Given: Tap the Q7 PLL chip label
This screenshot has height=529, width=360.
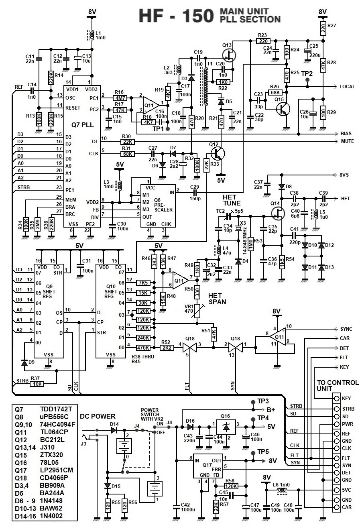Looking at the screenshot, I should point(83,125).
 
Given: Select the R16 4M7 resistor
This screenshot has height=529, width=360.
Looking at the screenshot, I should point(119,98).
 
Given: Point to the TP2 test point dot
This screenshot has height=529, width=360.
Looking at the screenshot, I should point(307,80).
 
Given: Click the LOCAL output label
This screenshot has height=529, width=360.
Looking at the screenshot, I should point(347,87).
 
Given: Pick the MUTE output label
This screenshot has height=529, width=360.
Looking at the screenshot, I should point(347,141).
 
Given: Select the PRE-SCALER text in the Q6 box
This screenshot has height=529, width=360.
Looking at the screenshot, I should point(164,207).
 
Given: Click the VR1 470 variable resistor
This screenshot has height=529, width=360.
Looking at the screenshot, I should point(197,310).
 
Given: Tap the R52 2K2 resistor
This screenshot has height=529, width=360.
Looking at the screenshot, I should point(166,348).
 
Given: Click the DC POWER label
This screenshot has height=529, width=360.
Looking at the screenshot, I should point(98,416).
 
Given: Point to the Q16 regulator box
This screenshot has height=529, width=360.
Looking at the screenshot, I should point(226,427).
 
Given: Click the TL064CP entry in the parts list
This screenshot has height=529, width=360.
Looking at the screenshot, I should point(55,432).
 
